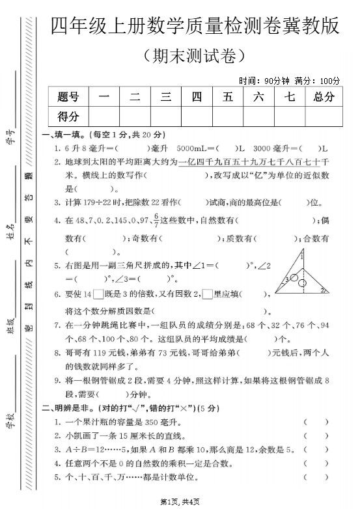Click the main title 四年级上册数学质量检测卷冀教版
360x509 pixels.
point(195,26)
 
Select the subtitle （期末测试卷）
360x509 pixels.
point(195,55)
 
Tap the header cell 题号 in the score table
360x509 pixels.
point(68,97)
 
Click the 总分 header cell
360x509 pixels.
point(323,97)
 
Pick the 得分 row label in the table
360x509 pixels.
point(68,117)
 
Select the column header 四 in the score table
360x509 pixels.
point(197,97)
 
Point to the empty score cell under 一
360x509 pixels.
point(104,117)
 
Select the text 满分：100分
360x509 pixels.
point(317,81)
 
